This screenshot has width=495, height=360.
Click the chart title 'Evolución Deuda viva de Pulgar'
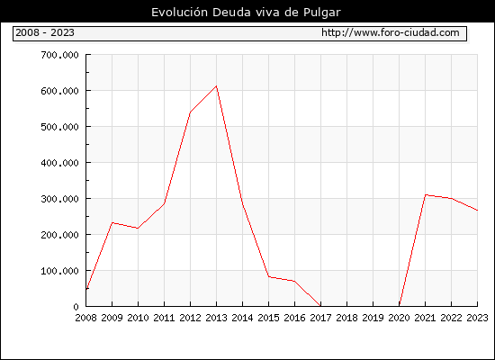[246, 13]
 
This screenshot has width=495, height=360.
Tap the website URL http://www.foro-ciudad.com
[391, 32]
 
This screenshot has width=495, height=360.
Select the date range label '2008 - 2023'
[45, 32]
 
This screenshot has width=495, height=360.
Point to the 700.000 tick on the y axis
[59, 55]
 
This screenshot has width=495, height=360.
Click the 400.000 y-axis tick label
[59, 163]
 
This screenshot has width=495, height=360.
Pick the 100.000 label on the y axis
[59, 271]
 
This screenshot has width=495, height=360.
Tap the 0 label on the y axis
[76, 307]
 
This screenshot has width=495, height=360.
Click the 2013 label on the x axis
[216, 318]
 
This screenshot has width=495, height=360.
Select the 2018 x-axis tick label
[346, 318]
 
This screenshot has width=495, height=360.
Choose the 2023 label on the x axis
[477, 318]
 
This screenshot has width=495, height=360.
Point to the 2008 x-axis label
[85, 318]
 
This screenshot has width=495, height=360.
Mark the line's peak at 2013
[216, 85]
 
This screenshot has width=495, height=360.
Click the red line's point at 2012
[190, 112]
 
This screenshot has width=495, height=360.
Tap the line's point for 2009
[112, 223]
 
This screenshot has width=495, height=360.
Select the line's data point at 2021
[425, 194]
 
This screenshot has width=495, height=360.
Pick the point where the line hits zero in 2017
[320, 306]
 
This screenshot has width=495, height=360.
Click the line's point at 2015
[269, 276]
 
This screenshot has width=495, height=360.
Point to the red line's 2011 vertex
[164, 203]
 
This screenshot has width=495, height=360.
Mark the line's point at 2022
[452, 198]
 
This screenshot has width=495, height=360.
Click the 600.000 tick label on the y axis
[59, 91]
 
